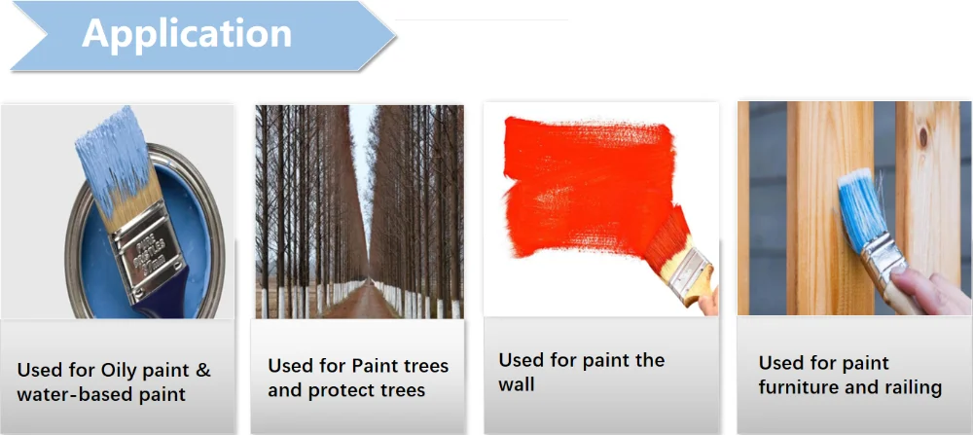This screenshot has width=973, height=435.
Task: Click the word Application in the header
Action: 187,33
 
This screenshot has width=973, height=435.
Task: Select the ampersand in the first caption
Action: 202,371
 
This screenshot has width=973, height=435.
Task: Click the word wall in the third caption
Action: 517,384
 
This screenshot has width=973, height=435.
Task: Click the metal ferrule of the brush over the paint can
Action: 147,247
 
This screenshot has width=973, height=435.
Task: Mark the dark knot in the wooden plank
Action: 922,137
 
